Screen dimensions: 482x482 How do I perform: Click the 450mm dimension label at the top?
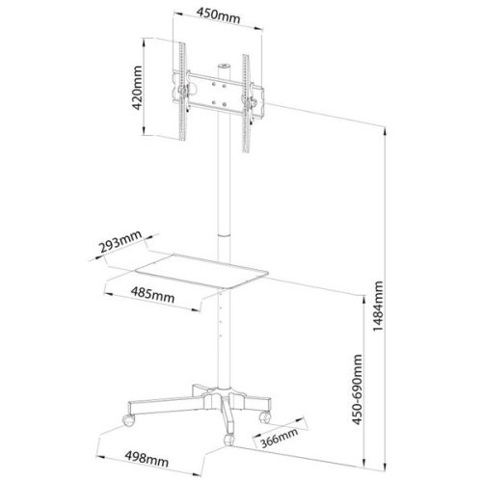pyautogui.click(x=218, y=15)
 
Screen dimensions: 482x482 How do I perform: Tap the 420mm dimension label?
pyautogui.click(x=137, y=88)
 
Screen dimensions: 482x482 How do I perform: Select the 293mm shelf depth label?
pyautogui.click(x=120, y=242)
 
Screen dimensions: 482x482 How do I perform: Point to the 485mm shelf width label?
pyautogui.click(x=152, y=294)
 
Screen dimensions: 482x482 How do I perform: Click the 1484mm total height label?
pyautogui.click(x=378, y=307)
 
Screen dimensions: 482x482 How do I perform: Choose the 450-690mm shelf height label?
pyautogui.click(x=357, y=389)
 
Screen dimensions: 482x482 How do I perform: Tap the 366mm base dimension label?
pyautogui.click(x=279, y=438)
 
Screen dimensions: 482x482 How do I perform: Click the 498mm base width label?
pyautogui.click(x=147, y=460)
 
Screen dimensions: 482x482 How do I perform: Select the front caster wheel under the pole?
pyautogui.click(x=229, y=440)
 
